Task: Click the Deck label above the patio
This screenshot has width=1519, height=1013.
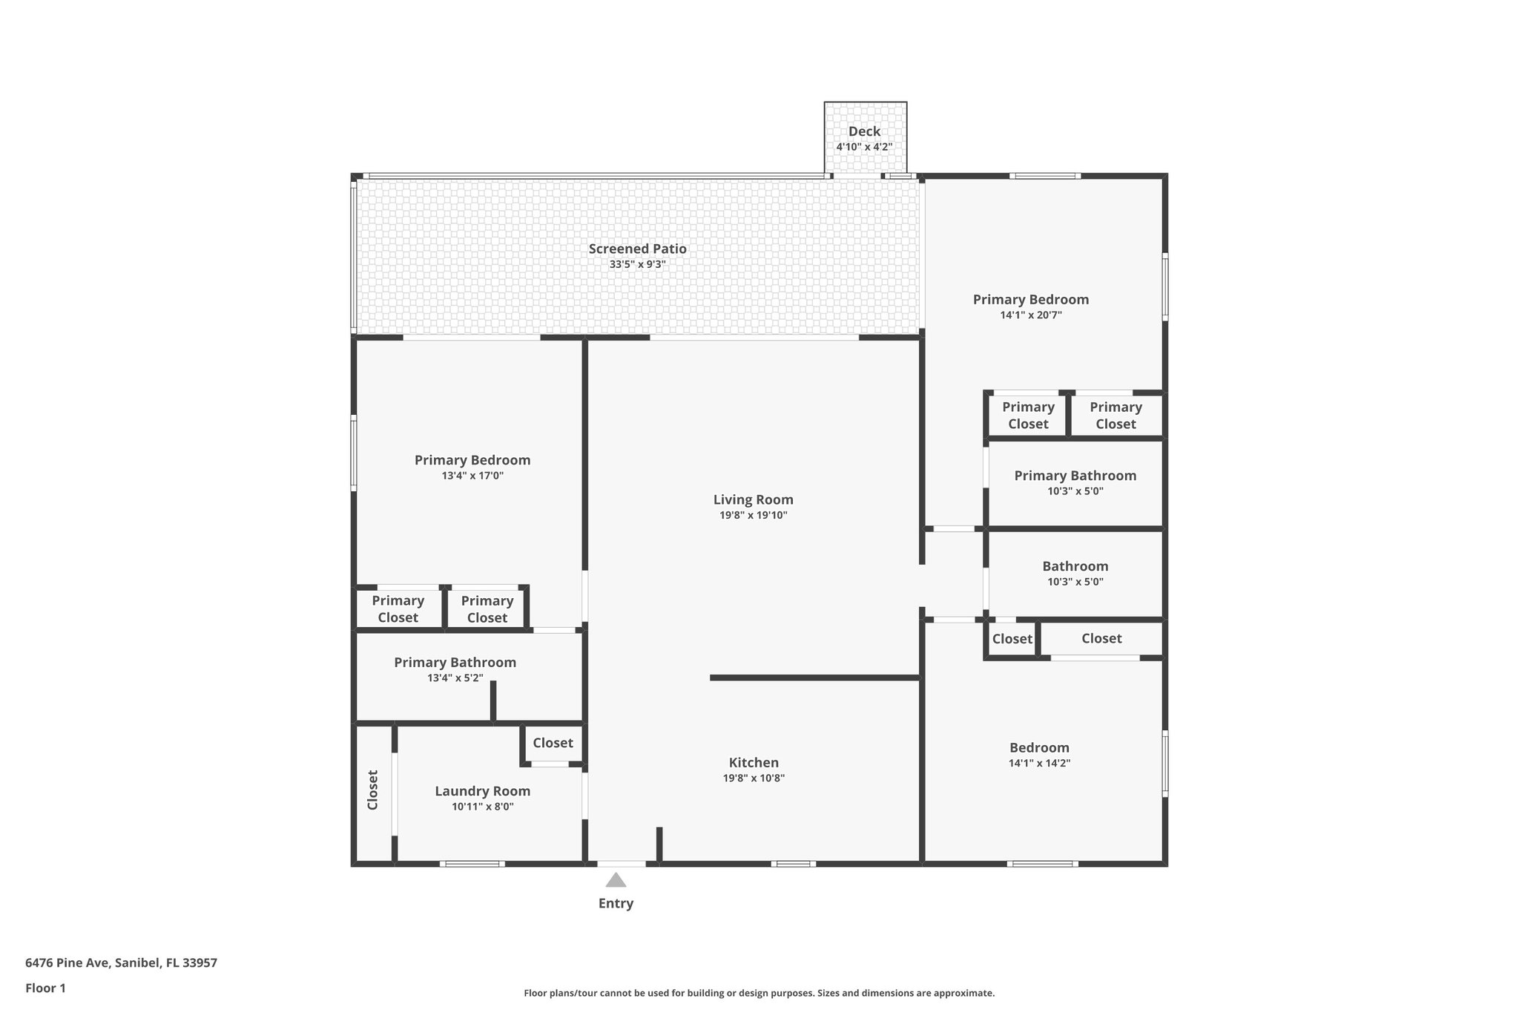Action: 864,131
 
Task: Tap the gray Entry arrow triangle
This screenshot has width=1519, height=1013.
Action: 616,880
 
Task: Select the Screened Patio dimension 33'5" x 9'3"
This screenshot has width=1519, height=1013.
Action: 637,264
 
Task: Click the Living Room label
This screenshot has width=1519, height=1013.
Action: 753,499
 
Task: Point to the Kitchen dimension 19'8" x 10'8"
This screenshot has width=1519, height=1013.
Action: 754,778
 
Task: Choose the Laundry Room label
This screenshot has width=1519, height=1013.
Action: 482,791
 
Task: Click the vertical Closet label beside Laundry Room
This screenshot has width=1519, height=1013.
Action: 373,790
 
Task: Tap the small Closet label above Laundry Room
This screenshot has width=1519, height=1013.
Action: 553,743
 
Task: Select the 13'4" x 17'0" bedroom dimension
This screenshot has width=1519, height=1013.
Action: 472,476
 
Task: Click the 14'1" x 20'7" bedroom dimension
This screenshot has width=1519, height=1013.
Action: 1031,315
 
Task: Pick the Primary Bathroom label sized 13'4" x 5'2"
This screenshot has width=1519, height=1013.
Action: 455,662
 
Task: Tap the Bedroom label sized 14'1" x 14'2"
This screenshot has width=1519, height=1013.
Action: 1039,747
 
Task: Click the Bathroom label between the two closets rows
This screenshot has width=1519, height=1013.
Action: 1075,566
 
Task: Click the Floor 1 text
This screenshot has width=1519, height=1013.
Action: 45,989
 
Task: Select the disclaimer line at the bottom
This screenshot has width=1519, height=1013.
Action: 759,993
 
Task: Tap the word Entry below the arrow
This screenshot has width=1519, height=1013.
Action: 616,903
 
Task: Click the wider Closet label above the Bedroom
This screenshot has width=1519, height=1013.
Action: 1101,638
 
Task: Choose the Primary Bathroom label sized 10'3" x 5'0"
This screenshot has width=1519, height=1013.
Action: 1075,476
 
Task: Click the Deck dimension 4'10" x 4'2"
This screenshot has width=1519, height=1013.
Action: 864,147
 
